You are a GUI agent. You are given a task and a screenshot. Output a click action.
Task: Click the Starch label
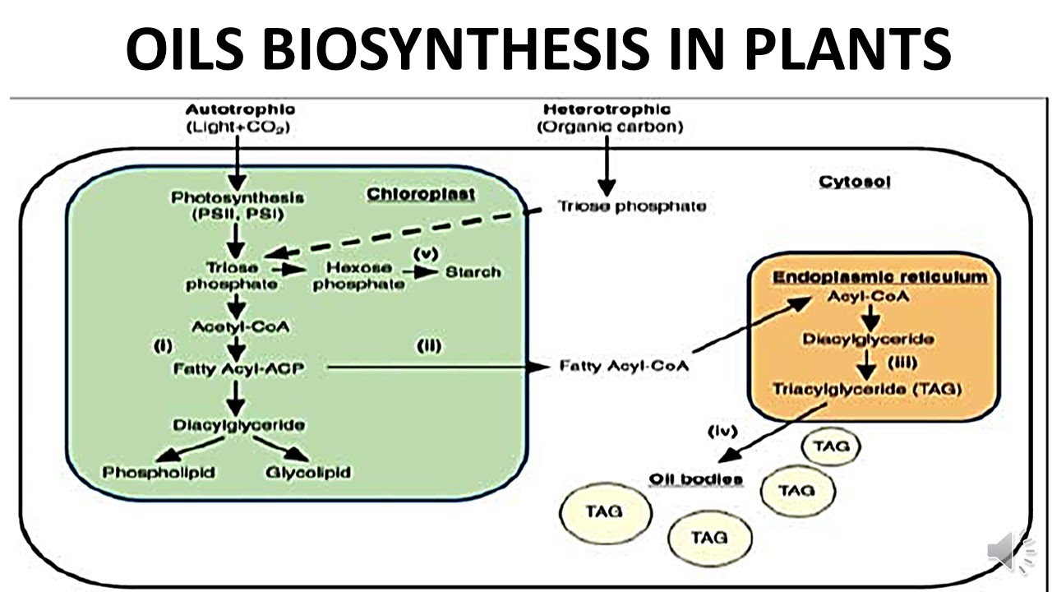(473, 272)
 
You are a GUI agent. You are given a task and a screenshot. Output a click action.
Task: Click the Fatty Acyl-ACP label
(238, 369)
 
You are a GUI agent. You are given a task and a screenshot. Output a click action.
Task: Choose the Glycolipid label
(309, 472)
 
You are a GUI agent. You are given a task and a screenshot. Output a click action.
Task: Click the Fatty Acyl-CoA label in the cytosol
(624, 365)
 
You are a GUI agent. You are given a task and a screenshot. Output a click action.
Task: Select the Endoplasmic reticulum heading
(879, 277)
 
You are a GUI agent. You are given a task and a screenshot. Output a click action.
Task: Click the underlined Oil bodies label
(696, 479)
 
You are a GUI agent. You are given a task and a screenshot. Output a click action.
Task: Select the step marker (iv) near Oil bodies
(722, 430)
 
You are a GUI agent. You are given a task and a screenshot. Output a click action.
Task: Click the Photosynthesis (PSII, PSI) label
(238, 205)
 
